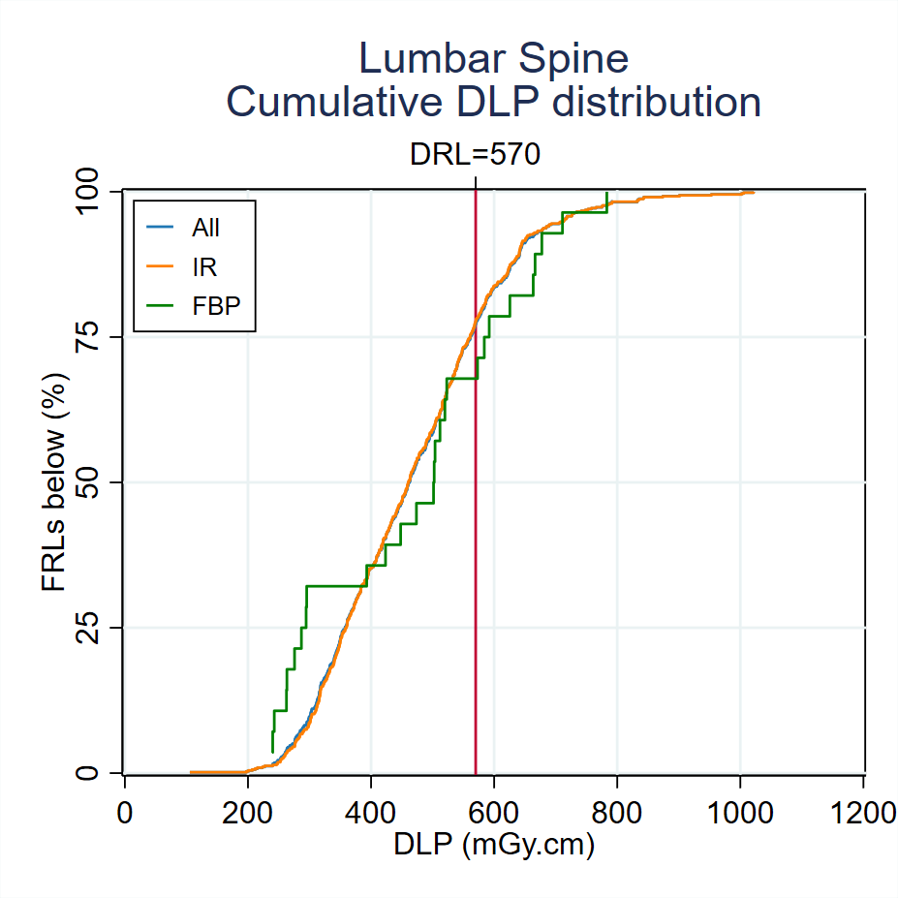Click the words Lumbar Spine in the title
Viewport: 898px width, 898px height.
(493, 59)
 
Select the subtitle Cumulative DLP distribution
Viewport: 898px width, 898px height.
(493, 102)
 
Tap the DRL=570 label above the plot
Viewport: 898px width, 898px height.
(475, 154)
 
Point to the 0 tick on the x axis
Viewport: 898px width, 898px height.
(124, 811)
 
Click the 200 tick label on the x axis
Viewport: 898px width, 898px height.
(247, 811)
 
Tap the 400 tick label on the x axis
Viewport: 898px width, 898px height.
(371, 811)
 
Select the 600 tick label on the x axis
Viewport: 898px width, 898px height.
(494, 811)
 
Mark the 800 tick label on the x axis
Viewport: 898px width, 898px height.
(617, 811)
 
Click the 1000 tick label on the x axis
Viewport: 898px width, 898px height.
(740, 811)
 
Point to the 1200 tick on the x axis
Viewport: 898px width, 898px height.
(863, 811)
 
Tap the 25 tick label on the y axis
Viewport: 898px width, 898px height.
(89, 628)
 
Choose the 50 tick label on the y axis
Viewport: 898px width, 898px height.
(89, 482)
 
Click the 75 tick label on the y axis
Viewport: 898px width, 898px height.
(89, 337)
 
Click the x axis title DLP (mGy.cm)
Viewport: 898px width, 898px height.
(493, 846)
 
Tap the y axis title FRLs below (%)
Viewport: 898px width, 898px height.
(54, 481)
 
